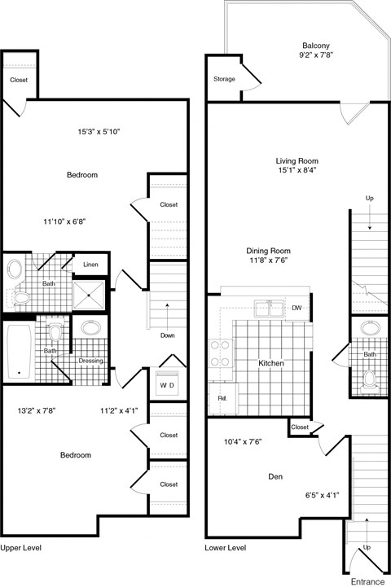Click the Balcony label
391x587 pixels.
pyautogui.click(x=316, y=46)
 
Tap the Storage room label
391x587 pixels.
pyautogui.click(x=224, y=79)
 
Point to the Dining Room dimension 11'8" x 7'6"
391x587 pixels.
pyautogui.click(x=269, y=261)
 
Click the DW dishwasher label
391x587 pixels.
pyautogui.click(x=297, y=308)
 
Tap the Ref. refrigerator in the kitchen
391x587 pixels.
pyautogui.click(x=222, y=398)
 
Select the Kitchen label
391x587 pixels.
pyautogui.click(x=271, y=363)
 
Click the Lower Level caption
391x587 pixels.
pyautogui.click(x=226, y=548)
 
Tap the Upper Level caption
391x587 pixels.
pyautogui.click(x=21, y=548)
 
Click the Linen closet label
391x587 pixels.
pyautogui.click(x=91, y=265)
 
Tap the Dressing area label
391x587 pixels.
pyautogui.click(x=90, y=361)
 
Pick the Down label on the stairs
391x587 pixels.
pyautogui.click(x=167, y=335)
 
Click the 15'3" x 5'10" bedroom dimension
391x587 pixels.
pyautogui.click(x=99, y=131)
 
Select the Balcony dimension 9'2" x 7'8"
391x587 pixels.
pyautogui.click(x=316, y=57)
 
